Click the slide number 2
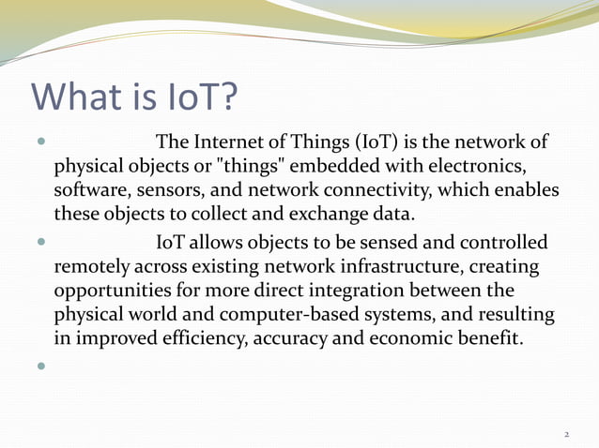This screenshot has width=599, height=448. coord(567,435)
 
